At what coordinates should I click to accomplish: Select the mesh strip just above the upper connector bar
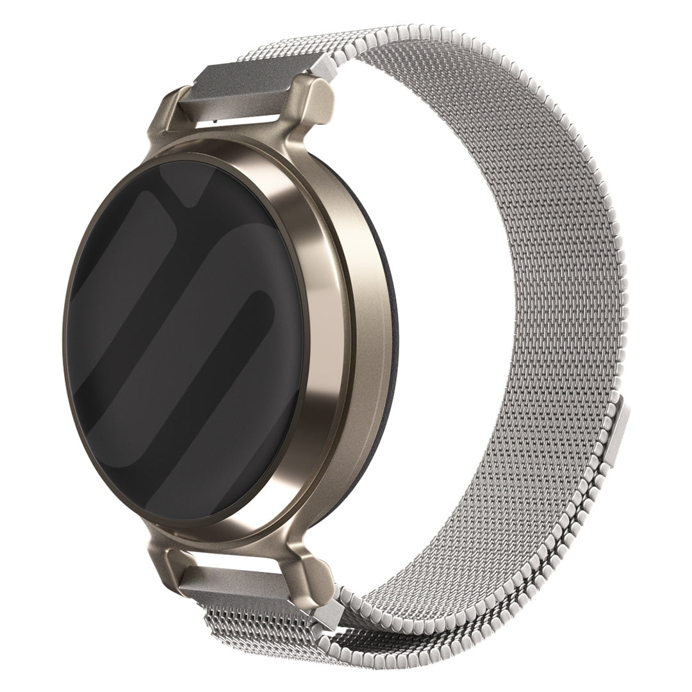(282, 51)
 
